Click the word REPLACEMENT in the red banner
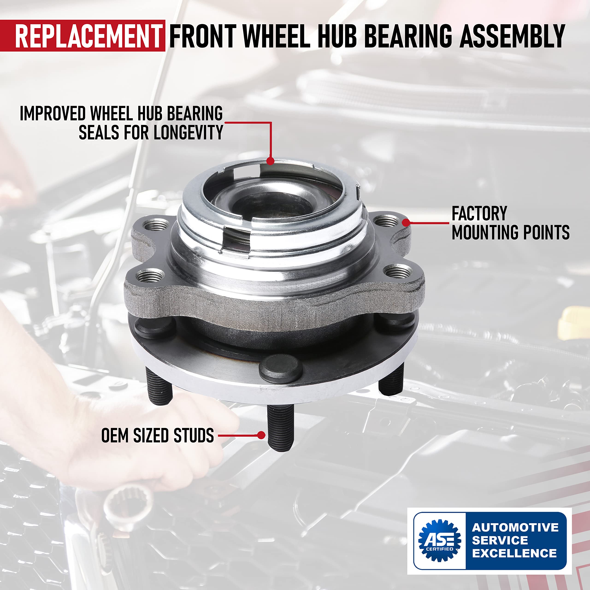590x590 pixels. [88, 36]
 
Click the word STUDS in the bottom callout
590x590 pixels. [194, 436]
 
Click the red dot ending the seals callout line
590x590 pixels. [270, 161]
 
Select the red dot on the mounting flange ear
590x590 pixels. [406, 223]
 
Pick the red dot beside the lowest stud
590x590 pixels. [261, 435]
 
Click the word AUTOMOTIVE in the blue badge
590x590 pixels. [515, 527]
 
